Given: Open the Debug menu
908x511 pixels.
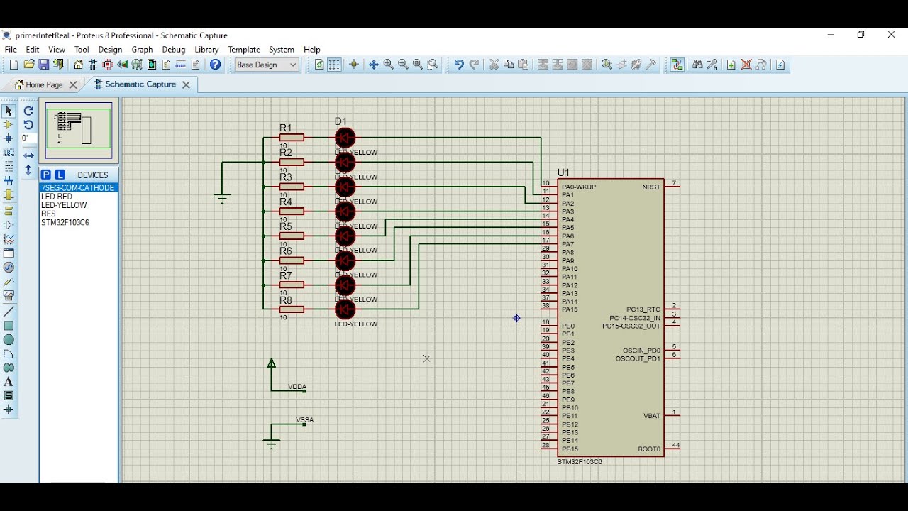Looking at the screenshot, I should [173, 50].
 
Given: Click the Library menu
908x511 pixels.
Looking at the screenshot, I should [206, 50].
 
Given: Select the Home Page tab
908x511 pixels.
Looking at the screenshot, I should [44, 84].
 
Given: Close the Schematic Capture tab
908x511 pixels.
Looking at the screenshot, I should [186, 84].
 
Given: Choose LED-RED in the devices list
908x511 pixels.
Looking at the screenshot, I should [57, 197].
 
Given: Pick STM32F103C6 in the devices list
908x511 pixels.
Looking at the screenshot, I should [65, 222].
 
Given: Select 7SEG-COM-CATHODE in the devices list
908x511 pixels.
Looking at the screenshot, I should [78, 188].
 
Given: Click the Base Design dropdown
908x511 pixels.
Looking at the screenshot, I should [266, 65].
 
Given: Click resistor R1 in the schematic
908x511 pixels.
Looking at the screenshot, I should [292, 138].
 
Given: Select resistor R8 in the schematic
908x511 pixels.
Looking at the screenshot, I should [292, 309].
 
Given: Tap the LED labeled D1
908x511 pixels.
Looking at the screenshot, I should [345, 138].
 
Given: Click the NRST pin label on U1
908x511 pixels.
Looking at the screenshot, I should [650, 187].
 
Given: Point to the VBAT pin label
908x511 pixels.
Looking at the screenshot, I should [651, 416].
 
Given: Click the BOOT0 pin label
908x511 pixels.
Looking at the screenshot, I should [648, 449].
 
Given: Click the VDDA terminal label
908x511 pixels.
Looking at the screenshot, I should [297, 388].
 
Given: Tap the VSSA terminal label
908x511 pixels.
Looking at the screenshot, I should [304, 420].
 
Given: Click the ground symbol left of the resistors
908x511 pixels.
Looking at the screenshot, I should [222, 198].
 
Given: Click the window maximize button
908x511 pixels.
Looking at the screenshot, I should [860, 35].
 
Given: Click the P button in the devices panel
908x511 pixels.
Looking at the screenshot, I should [45, 175].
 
